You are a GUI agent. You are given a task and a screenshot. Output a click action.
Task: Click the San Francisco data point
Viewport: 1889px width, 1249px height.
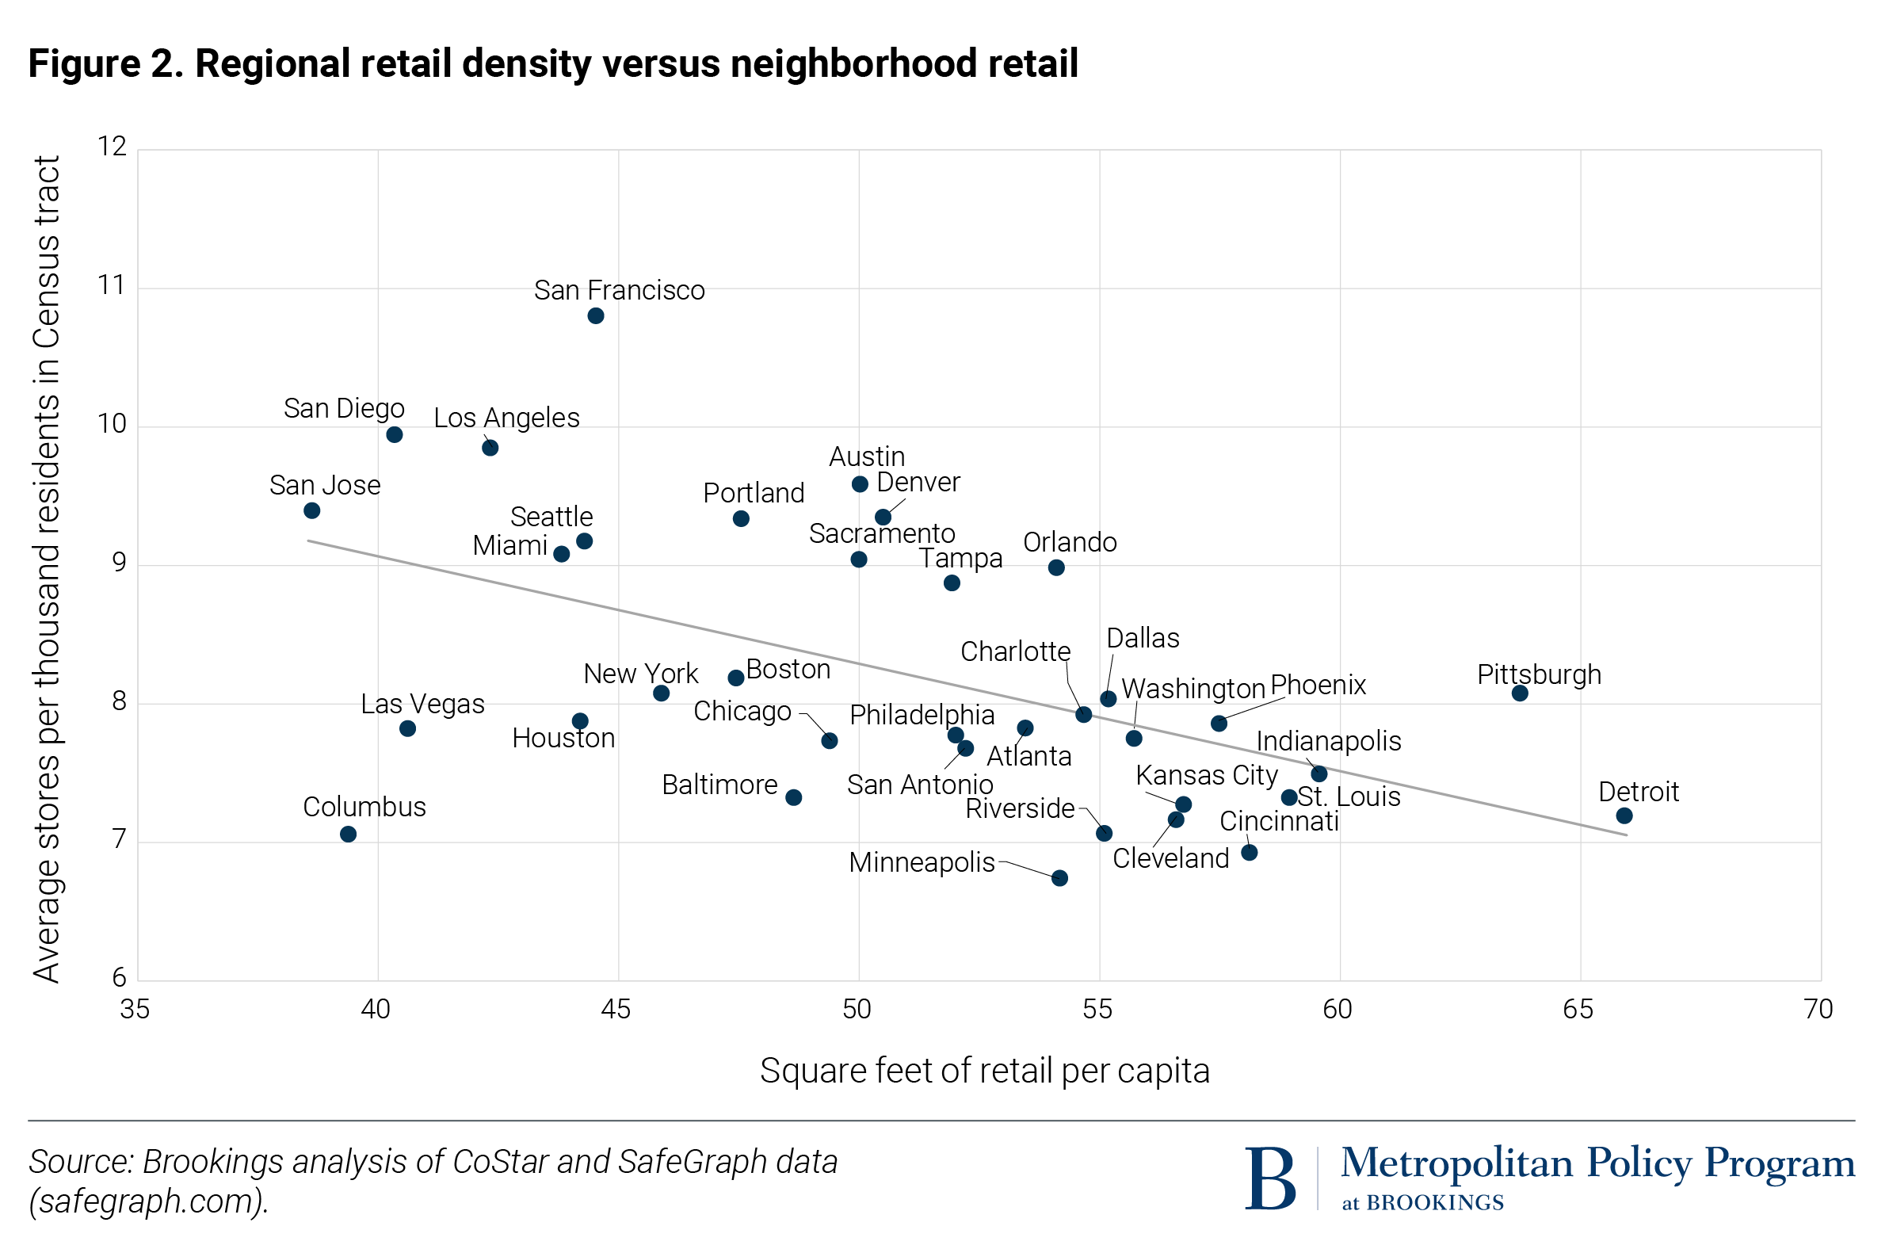(x=596, y=316)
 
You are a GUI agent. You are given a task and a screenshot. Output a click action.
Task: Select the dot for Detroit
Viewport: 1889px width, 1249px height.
(x=1624, y=815)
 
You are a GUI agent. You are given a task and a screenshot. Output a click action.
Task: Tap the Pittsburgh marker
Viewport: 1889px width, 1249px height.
(x=1520, y=693)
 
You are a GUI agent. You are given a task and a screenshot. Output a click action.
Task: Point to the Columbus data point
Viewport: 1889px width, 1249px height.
(x=348, y=834)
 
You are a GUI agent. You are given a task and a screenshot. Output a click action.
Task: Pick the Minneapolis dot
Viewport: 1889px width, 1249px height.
(x=1059, y=878)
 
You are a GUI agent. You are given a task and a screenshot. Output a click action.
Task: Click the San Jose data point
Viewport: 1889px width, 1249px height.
(x=312, y=510)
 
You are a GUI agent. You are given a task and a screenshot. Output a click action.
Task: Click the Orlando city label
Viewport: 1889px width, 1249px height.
(x=1070, y=542)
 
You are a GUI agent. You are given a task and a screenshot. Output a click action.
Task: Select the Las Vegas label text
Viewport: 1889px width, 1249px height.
(x=422, y=705)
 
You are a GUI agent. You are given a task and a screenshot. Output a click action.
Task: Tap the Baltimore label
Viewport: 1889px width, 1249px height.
(x=719, y=785)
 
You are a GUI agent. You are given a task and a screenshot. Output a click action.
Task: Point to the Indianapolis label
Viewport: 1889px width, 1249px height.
(x=1328, y=742)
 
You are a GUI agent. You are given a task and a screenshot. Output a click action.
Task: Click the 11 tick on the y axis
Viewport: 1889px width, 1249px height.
(x=112, y=285)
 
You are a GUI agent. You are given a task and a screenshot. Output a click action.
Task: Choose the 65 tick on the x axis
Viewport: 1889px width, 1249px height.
(x=1578, y=1009)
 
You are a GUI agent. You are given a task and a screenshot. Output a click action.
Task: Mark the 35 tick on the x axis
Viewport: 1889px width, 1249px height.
(x=135, y=1009)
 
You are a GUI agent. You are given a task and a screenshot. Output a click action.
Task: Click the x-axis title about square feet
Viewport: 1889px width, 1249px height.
(x=984, y=1071)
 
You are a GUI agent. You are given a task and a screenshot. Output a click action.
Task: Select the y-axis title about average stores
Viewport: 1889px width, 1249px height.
(x=46, y=569)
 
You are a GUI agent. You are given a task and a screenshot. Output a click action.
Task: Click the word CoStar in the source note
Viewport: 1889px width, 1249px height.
(x=502, y=1162)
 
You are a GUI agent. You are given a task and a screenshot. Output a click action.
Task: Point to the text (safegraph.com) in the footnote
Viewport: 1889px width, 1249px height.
(x=148, y=1201)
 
